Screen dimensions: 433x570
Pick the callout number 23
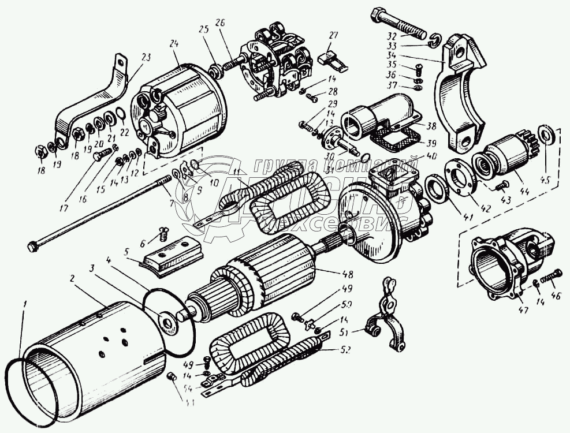(x=145, y=57)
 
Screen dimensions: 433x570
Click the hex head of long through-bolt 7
(x=33, y=247)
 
